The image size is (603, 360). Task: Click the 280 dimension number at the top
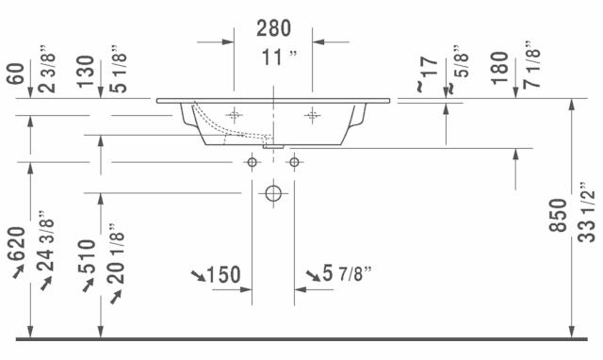click(273, 28)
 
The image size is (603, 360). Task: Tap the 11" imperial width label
click(280, 57)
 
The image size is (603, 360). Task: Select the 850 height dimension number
click(558, 216)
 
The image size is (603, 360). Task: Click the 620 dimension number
click(17, 243)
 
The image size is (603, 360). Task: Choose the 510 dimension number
click(87, 256)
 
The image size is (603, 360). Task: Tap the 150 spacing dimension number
click(223, 274)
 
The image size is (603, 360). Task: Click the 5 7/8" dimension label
click(348, 273)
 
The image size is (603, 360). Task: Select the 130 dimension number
click(86, 72)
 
